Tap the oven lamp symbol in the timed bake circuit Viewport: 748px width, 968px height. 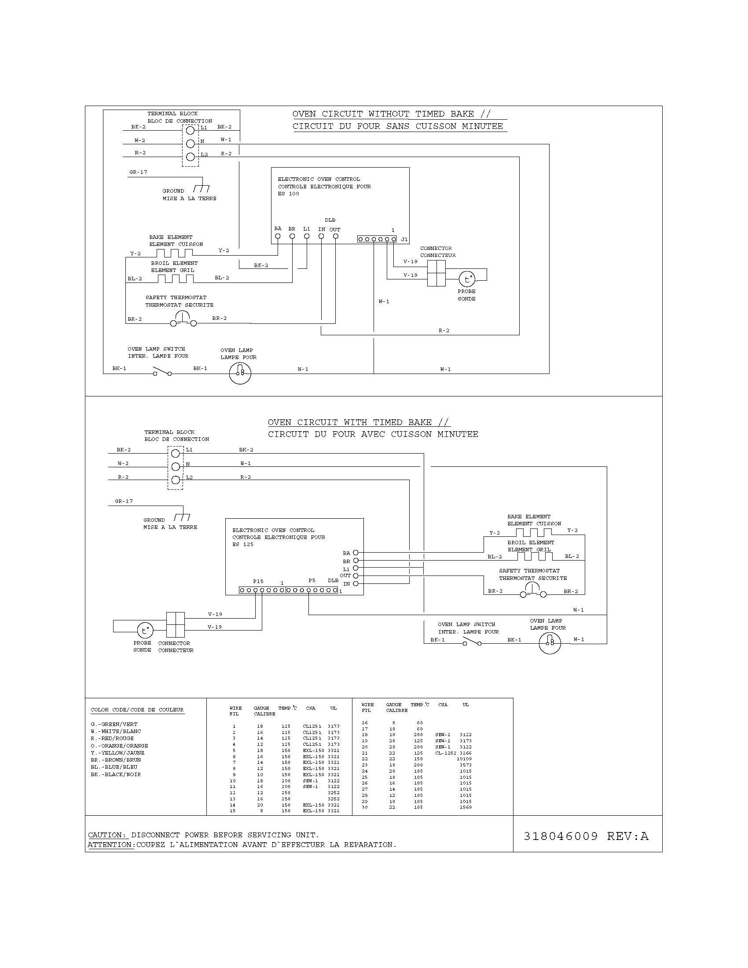550,643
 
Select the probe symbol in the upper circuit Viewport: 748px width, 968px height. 466,279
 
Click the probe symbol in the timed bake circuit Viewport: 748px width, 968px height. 144,630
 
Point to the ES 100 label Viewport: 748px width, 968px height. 289,194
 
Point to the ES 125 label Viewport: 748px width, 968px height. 243,544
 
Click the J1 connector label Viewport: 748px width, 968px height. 404,239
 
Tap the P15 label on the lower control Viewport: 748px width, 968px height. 258,581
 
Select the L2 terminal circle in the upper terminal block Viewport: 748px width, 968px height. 191,157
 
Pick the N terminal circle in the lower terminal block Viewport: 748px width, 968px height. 176,466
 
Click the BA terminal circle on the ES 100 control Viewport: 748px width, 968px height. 278,236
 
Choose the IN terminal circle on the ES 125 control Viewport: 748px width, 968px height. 356,584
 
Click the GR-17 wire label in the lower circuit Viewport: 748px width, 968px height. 124,501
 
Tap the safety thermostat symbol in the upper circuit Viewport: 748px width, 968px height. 182,319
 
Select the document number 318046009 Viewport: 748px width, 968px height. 561,836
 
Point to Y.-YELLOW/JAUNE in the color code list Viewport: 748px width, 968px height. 117,752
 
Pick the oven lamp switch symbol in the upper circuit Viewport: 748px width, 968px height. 162,371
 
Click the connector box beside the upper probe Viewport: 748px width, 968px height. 436,273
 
